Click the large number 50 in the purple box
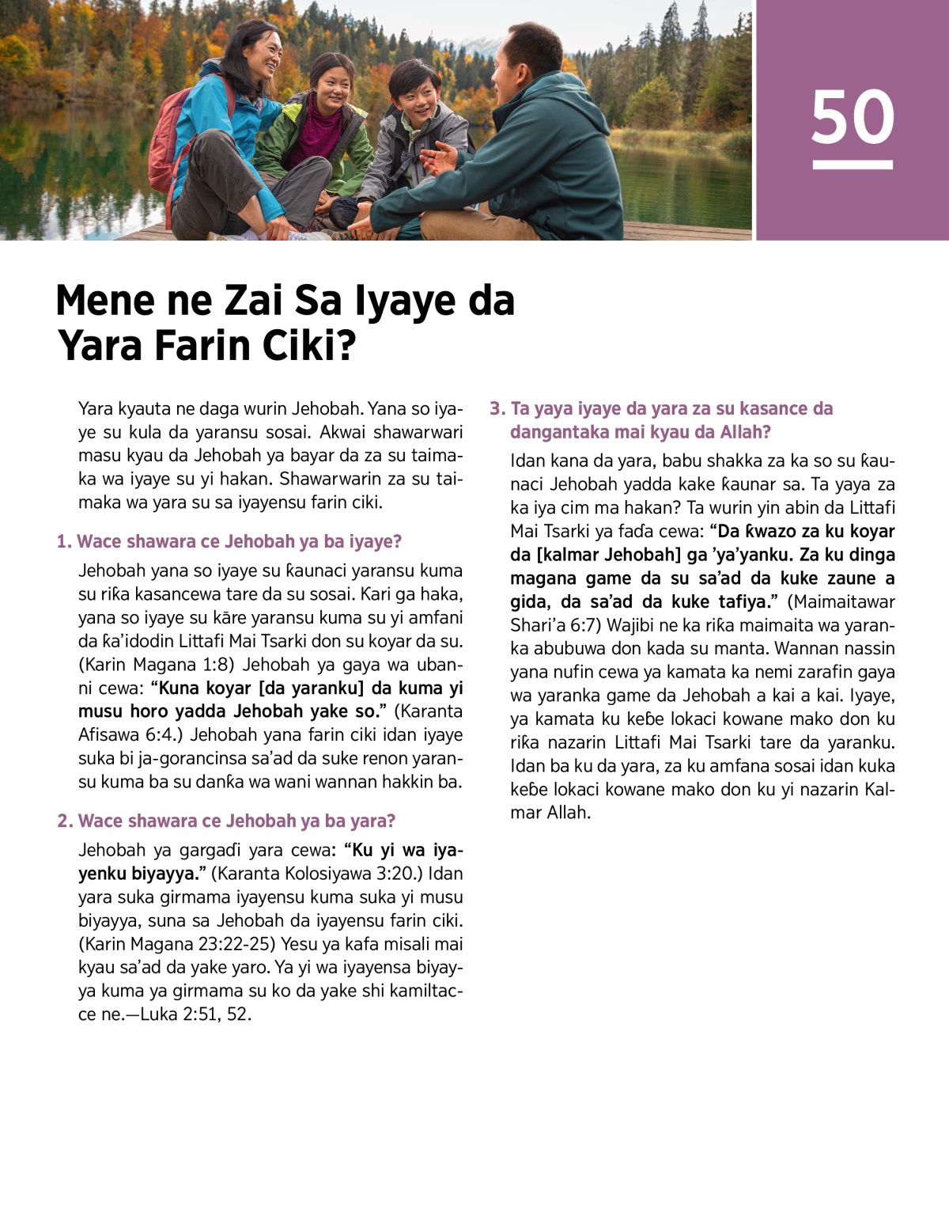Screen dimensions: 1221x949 point(853,117)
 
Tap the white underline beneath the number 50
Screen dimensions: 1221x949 point(853,165)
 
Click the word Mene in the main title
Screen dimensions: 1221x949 point(104,301)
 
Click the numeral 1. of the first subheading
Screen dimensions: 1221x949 point(64,542)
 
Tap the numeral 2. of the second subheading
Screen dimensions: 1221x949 point(65,821)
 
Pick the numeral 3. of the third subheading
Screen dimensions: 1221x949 point(497,409)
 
